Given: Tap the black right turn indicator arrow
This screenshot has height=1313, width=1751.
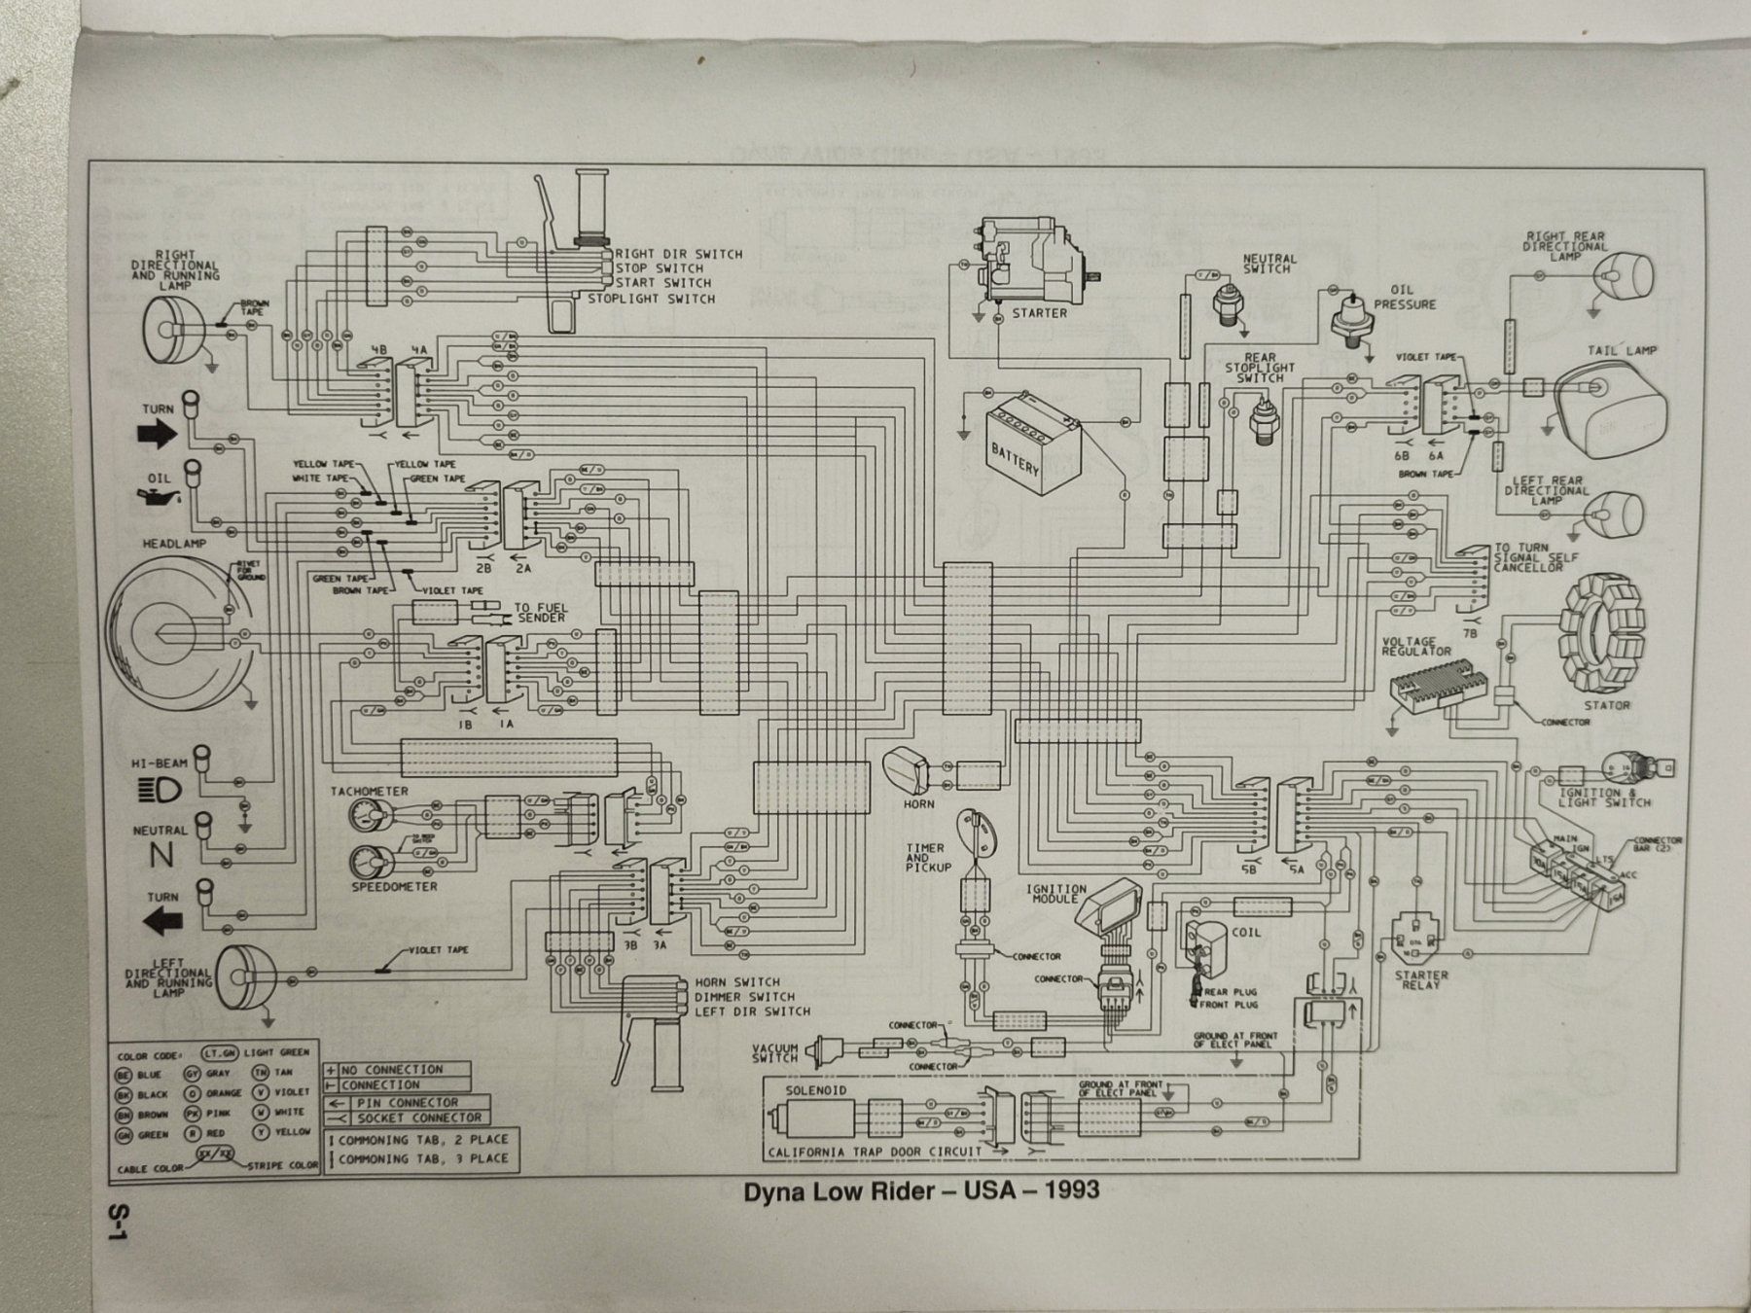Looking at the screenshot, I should point(158,436).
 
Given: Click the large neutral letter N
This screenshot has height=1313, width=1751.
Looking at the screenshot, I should point(161,857).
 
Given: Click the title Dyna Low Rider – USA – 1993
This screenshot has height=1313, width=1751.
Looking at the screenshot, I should point(921,1190).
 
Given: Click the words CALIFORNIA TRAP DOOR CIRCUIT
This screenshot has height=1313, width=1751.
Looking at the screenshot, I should point(875,1153).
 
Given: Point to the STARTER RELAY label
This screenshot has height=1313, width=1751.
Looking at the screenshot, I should point(1421,979).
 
